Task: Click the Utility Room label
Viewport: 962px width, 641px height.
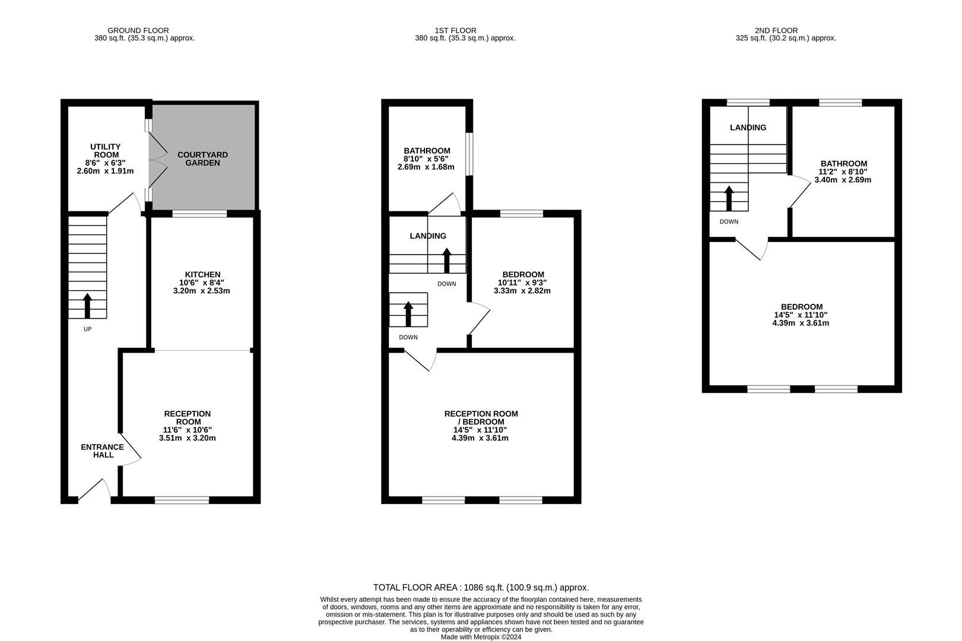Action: click(x=105, y=151)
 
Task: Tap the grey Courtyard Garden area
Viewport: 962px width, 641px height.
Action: click(x=202, y=158)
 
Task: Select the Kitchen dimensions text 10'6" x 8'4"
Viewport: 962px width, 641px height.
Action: click(x=202, y=283)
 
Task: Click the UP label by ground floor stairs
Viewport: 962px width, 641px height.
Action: click(x=87, y=329)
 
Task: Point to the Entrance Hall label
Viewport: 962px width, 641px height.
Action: click(x=103, y=451)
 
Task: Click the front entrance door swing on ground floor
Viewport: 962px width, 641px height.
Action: click(x=94, y=490)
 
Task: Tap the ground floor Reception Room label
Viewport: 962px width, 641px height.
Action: click(x=187, y=418)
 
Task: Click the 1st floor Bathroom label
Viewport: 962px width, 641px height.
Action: click(x=427, y=151)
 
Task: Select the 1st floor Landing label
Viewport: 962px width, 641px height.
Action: click(x=428, y=236)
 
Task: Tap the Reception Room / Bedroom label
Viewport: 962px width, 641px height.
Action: click(x=481, y=418)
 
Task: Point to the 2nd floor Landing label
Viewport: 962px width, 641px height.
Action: click(x=748, y=128)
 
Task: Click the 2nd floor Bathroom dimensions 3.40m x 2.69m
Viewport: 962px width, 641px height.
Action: click(x=843, y=180)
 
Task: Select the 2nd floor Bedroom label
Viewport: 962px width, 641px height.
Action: click(x=801, y=307)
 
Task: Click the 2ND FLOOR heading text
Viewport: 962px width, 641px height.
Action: click(x=776, y=30)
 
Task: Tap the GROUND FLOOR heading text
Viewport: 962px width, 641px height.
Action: click(x=138, y=30)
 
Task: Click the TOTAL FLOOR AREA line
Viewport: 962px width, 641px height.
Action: click(x=481, y=588)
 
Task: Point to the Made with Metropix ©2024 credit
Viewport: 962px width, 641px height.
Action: click(x=481, y=637)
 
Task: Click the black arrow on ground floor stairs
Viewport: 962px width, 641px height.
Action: click(x=87, y=306)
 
